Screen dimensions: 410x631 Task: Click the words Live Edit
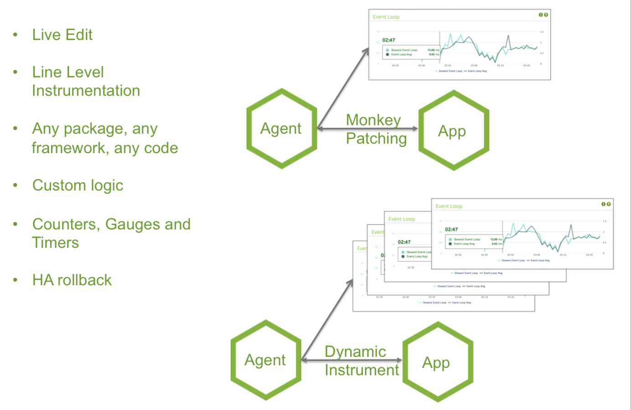[62, 35]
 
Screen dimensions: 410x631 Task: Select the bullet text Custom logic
[78, 185]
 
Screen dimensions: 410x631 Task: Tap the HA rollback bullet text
[72, 280]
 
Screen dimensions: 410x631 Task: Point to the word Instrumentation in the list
[86, 91]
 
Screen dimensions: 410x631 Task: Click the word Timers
[55, 243]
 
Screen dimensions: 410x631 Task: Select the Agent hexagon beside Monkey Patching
[281, 129]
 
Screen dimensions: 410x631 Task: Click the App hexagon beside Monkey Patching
[453, 131]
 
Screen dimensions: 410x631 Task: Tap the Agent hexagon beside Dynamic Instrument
[265, 360]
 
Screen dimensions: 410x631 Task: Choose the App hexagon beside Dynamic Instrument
[437, 363]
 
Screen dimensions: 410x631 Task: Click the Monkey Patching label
[375, 129]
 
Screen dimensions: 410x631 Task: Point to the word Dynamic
[355, 352]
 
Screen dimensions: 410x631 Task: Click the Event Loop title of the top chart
[386, 17]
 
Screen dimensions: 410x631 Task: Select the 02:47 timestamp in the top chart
[388, 40]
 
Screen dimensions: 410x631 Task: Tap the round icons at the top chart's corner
[543, 15]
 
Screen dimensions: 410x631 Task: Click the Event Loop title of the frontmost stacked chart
[449, 206]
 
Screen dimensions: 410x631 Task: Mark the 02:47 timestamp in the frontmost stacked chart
[451, 230]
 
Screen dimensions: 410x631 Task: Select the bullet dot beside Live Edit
[16, 35]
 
